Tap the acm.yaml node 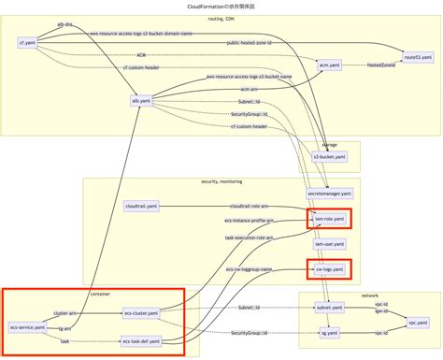click(328, 65)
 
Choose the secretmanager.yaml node click(330, 194)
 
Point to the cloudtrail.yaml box click(141, 206)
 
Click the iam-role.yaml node click(330, 219)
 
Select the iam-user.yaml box click(330, 244)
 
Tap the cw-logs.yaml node click(330, 270)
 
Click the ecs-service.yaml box click(28, 328)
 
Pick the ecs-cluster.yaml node click(141, 313)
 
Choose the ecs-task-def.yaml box click(141, 342)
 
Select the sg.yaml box click(330, 333)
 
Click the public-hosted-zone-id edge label click(250, 43)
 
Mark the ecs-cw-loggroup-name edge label click(248, 269)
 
